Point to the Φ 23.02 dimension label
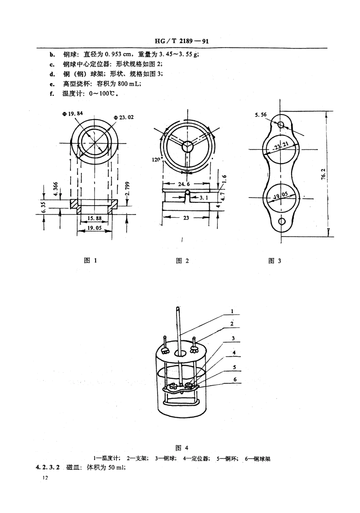point(124,117)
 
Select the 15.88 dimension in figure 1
point(94,218)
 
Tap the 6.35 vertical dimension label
point(44,207)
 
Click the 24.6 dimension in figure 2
point(183,184)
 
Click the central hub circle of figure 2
point(187,146)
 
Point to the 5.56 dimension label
point(261,115)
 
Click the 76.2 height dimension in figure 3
point(323,176)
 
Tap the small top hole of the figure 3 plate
point(281,124)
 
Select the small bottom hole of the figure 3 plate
point(281,221)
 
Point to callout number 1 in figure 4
point(232,311)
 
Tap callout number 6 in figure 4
point(235,379)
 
